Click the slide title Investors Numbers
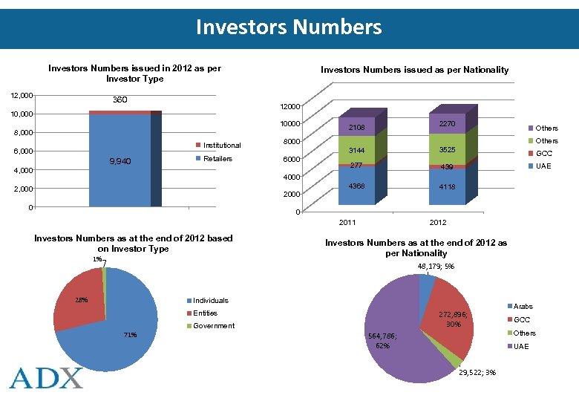[x=289, y=27]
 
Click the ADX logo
[x=46, y=376]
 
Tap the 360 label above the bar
[x=119, y=100]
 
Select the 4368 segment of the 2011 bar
[x=357, y=186]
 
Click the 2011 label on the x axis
[x=347, y=223]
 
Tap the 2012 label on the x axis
[x=437, y=223]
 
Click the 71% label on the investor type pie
[x=130, y=335]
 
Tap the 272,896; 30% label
[x=454, y=319]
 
